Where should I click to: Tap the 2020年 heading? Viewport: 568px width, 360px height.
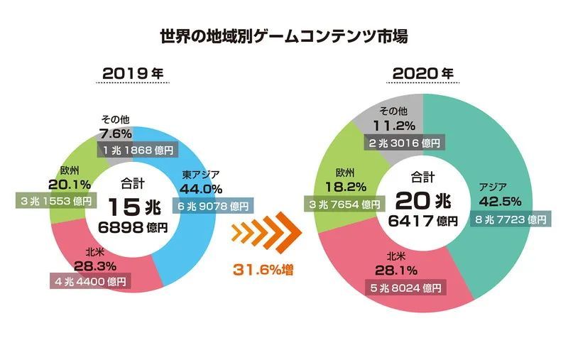coord(423,73)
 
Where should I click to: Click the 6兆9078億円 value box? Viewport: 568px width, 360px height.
coord(211,207)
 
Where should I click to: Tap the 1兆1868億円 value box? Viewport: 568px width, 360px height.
coord(138,150)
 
